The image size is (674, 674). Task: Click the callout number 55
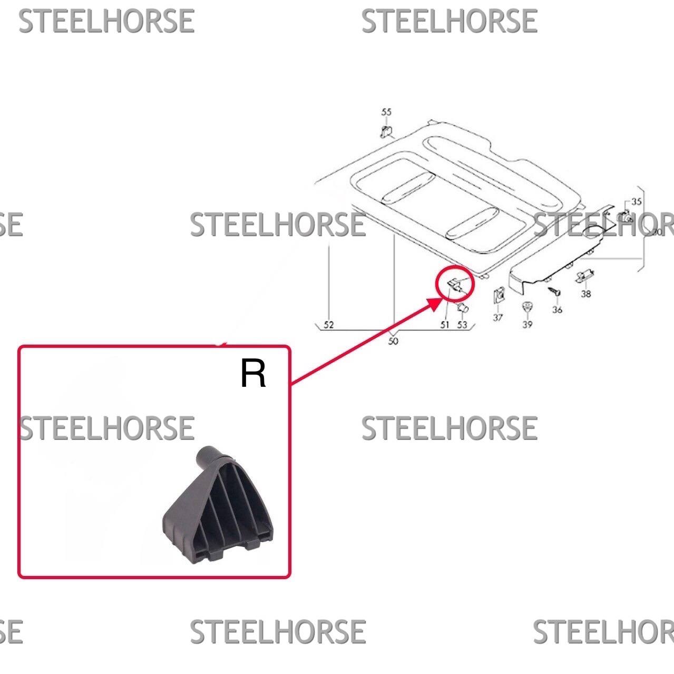click(x=386, y=112)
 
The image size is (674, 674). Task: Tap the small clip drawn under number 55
click(x=386, y=132)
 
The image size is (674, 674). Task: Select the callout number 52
click(x=328, y=325)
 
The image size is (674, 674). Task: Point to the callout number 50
click(x=393, y=341)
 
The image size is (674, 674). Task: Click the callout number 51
click(x=445, y=325)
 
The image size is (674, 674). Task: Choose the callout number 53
click(x=462, y=325)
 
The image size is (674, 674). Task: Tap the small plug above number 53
click(x=463, y=308)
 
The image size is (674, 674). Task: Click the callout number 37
click(x=497, y=318)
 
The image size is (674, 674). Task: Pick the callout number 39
click(x=528, y=325)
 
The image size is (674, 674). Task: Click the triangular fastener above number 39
click(x=526, y=307)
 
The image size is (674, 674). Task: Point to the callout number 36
click(x=557, y=309)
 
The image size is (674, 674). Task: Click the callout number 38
click(x=586, y=294)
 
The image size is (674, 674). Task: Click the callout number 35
click(x=636, y=202)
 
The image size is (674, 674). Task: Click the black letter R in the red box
click(x=253, y=373)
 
